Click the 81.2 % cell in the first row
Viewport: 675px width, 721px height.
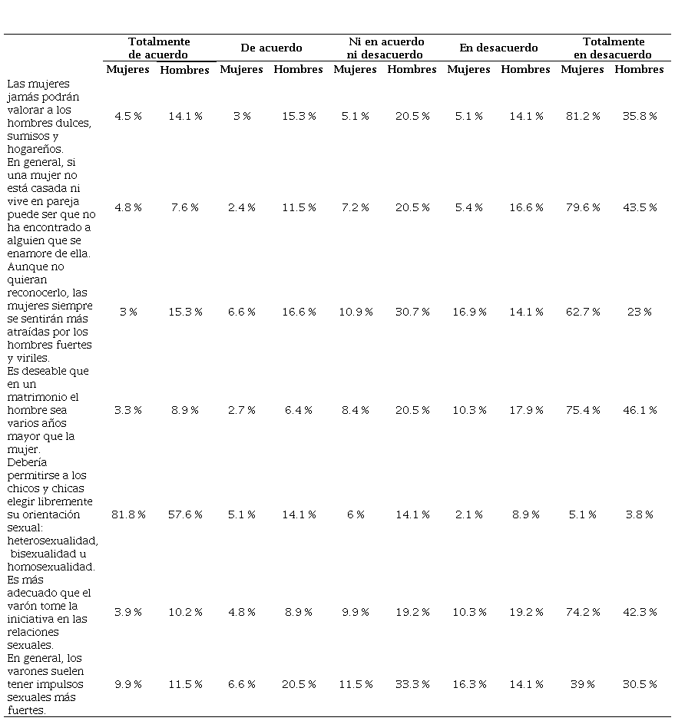tap(583, 117)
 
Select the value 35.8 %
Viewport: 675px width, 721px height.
tap(640, 117)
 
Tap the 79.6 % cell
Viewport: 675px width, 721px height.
tap(583, 208)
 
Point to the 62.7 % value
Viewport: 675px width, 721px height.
tap(583, 313)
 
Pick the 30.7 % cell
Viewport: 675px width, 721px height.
tap(412, 313)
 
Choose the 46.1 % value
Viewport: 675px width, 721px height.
tap(640, 410)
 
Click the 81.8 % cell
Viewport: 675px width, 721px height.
tap(128, 514)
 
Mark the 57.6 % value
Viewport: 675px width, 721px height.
tap(185, 514)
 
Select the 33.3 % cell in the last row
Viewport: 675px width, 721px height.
tap(412, 684)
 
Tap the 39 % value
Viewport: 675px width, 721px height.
tap(583, 684)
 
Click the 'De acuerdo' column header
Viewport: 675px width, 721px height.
tap(271, 48)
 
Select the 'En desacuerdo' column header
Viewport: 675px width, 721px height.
tap(498, 48)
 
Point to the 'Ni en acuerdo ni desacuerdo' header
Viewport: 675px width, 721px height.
tap(385, 48)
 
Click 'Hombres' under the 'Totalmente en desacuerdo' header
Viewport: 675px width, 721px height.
tap(639, 69)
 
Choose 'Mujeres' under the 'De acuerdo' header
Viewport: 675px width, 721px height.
tap(241, 69)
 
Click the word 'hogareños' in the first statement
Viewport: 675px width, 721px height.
tap(35, 150)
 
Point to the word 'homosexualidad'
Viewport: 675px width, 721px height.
tap(51, 567)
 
